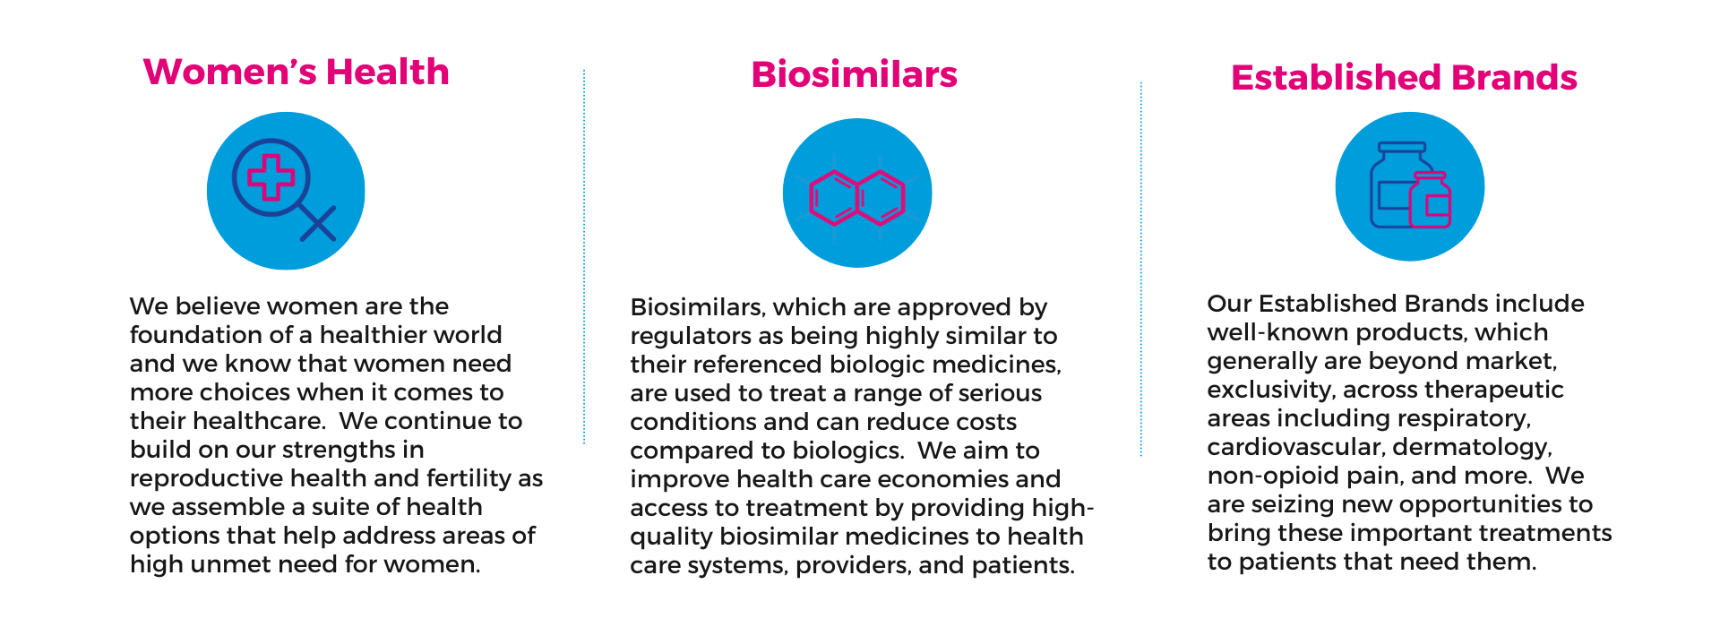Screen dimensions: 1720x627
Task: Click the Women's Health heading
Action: point(296,72)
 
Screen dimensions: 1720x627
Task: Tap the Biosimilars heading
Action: point(855,74)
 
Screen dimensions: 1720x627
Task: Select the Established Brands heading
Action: point(1404,78)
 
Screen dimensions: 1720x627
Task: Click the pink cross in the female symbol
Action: point(271,176)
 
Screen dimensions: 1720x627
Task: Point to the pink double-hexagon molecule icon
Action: point(857,197)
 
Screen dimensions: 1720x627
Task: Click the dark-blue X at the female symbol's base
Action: point(318,223)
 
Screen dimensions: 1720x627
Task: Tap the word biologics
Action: point(851,451)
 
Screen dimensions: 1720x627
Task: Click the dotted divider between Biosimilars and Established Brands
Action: point(1141,269)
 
